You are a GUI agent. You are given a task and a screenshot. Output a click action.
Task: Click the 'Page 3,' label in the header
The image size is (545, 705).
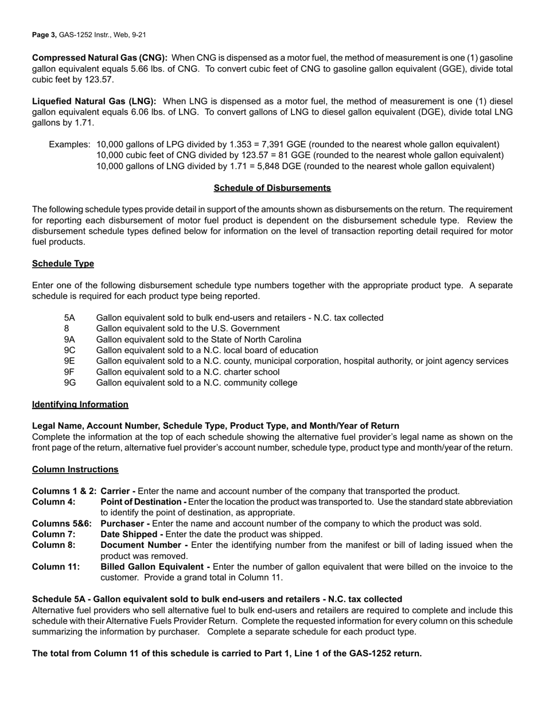coord(44,35)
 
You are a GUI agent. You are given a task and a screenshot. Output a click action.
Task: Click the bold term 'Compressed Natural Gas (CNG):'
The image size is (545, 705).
coord(100,58)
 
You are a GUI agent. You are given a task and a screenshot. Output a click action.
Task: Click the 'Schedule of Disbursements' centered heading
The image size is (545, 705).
coord(272,188)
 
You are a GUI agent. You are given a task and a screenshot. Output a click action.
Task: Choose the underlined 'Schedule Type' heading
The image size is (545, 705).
coord(63,264)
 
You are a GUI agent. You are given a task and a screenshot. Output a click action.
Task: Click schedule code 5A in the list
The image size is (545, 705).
coord(69,318)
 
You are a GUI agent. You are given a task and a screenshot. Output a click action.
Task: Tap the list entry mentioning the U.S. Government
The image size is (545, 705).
coord(188,328)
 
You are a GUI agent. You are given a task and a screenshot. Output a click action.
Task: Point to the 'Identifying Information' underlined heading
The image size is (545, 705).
coord(80,405)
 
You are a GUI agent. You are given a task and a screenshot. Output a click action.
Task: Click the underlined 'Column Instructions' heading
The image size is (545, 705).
coord(75,469)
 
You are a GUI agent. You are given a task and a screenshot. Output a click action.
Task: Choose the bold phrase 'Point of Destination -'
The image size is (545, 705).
coord(147,502)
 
